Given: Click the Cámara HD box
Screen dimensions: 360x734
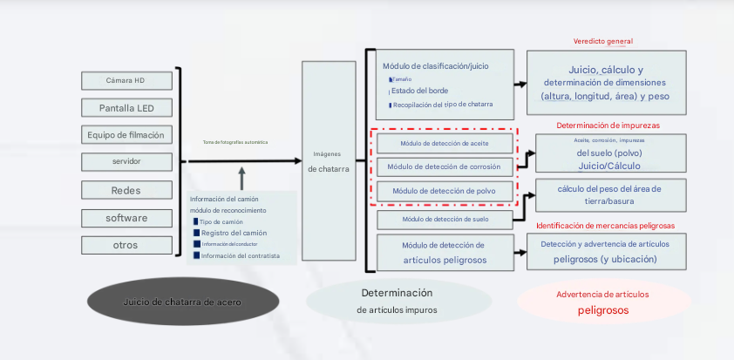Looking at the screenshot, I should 126,80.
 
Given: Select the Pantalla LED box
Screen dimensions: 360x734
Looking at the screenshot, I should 126,108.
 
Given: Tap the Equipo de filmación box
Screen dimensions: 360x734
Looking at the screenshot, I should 126,135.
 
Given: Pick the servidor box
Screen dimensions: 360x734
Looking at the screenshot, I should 126,162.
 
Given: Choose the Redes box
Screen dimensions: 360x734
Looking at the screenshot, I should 126,190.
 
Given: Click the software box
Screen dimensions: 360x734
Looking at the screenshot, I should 126,218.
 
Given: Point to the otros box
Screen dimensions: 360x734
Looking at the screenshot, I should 126,245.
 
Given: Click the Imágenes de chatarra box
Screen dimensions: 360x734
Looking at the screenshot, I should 329,161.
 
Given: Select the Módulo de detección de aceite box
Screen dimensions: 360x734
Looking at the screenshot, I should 444,143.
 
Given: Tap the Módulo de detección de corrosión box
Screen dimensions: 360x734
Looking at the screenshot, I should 444,166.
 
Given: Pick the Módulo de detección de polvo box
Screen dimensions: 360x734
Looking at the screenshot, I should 444,191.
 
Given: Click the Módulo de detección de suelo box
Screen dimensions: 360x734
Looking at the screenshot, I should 444,219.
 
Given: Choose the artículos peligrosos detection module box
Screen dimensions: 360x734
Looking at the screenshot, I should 444,253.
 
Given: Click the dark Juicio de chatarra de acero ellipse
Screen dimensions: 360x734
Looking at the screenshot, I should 182,302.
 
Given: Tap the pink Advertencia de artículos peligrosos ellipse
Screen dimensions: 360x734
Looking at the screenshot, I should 603,302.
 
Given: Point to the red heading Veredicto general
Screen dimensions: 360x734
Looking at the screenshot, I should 603,41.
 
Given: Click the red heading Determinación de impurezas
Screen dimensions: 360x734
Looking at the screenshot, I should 608,126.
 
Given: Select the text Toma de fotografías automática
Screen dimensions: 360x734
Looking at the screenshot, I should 235,142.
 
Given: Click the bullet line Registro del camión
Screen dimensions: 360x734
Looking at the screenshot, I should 233,233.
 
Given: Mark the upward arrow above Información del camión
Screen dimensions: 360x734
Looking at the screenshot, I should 241,178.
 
